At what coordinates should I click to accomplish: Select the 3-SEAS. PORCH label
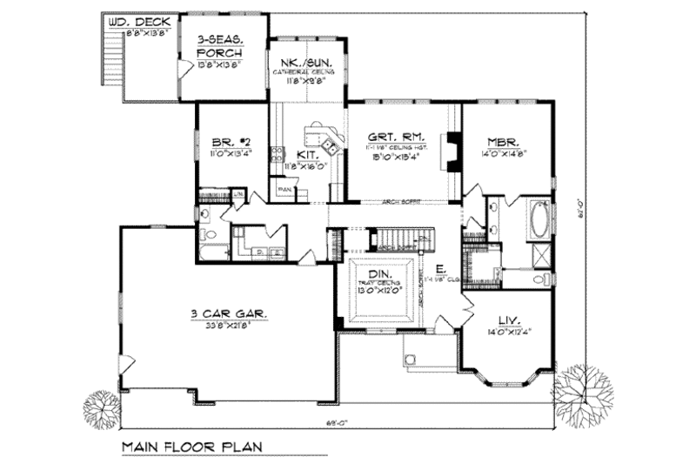pos(219,40)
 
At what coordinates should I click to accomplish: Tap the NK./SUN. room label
pos(307,63)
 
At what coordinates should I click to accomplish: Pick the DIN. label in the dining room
pos(377,273)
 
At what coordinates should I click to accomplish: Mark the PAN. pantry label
pos(284,186)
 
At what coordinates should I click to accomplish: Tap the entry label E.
pos(443,269)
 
